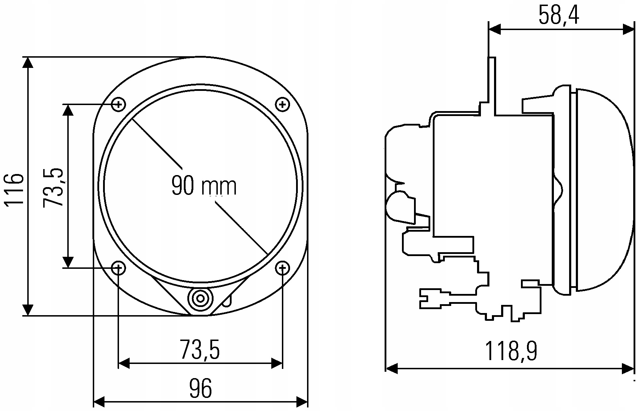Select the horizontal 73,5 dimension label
click(x=200, y=350)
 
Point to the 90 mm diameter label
click(x=204, y=186)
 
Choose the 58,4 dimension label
click(x=559, y=15)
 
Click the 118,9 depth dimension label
click(x=511, y=351)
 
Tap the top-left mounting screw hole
click(x=119, y=104)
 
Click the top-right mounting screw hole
click(x=282, y=104)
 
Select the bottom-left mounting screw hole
click(x=119, y=268)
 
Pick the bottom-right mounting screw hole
click(x=282, y=268)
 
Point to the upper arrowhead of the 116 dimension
click(x=28, y=62)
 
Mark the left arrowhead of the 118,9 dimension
click(x=391, y=369)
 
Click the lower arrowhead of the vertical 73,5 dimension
click(x=68, y=262)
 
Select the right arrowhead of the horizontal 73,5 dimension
click(x=276, y=363)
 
